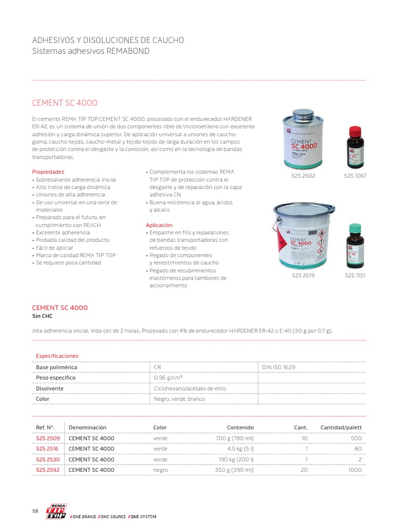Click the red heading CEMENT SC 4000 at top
pyautogui.click(x=65, y=103)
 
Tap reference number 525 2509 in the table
pyautogui.click(x=48, y=438)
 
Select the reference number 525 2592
pyautogui.click(x=48, y=470)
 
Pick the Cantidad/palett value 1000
pyautogui.click(x=354, y=470)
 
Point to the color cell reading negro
pyautogui.click(x=161, y=470)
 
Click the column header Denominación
pyautogui.click(x=88, y=427)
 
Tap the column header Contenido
pyautogui.click(x=240, y=427)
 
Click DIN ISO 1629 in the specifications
pyautogui.click(x=279, y=367)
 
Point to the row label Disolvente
pyautogui.click(x=50, y=388)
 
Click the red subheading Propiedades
pyautogui.click(x=48, y=172)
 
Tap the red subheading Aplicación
pyautogui.click(x=159, y=225)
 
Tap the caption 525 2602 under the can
pyautogui.click(x=303, y=176)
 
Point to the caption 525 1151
pyautogui.click(x=355, y=275)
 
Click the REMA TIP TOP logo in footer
pyautogui.click(x=56, y=511)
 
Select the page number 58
pyautogui.click(x=35, y=511)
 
